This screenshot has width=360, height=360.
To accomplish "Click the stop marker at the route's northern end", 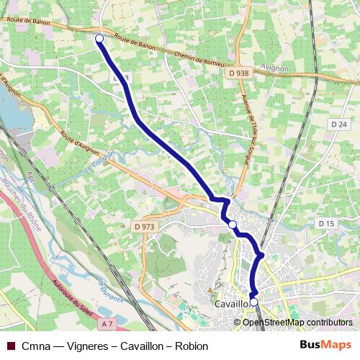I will click(99, 39).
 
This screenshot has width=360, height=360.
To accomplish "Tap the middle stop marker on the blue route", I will click(232, 225).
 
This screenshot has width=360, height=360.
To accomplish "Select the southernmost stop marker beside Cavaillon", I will click(253, 302).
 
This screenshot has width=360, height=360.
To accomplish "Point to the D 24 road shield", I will click(339, 125).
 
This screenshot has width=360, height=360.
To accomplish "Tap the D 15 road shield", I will click(326, 224).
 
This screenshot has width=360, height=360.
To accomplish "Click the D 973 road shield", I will click(144, 227).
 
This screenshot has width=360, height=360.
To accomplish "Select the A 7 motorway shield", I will click(107, 325).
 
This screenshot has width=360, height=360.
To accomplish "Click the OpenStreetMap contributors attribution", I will click(297, 323).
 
